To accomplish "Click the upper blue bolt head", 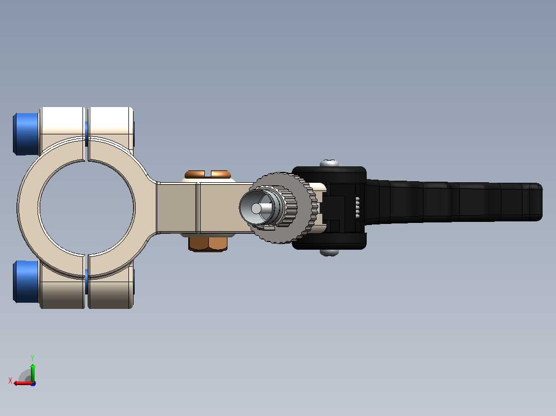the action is pos(26,134).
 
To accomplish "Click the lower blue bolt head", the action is pos(26,282).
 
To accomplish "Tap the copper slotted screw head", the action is pos(208,175).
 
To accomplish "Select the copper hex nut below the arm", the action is pos(208,243).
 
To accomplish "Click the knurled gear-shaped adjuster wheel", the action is pos(284,208).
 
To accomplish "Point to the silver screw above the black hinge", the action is pos(330,163).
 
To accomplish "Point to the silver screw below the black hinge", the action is pos(330,252).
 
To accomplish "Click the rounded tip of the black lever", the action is pos(538,202).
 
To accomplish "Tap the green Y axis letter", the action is pos(32,358).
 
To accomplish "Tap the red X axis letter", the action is pos(10,380).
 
